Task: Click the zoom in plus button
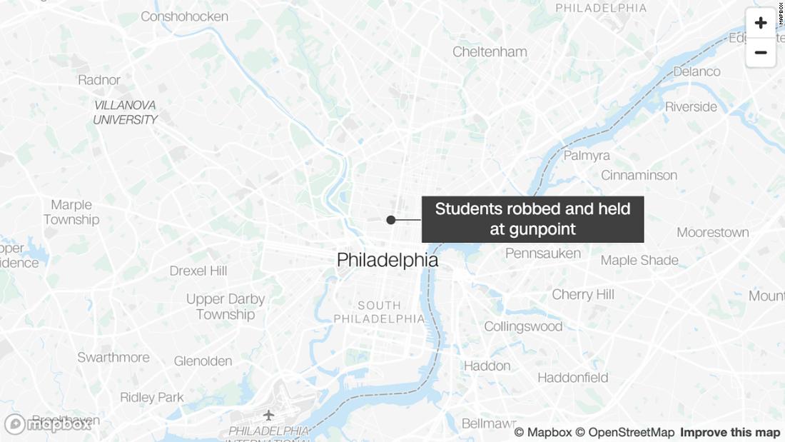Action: coord(760,23)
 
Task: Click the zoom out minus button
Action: coord(760,53)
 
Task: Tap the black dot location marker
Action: coord(391,220)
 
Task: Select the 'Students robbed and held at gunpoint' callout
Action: coord(532,219)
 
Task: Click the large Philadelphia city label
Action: coord(388,261)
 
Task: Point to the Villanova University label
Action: coord(126,113)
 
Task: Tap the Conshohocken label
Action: coord(184,16)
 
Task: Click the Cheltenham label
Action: coord(490,51)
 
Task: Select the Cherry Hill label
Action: coord(583,294)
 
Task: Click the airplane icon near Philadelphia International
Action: coord(269,415)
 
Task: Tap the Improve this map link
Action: coord(729,433)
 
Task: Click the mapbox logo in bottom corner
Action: coord(47,424)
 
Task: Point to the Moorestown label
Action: coord(712,232)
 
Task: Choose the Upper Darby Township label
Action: coord(226,307)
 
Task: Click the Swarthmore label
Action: coord(113,357)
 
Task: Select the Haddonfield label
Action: coord(573,378)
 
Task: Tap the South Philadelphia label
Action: coord(379,312)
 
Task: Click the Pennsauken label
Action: coord(543,253)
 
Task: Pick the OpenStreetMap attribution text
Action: coord(624,433)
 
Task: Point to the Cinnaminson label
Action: coord(639,175)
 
